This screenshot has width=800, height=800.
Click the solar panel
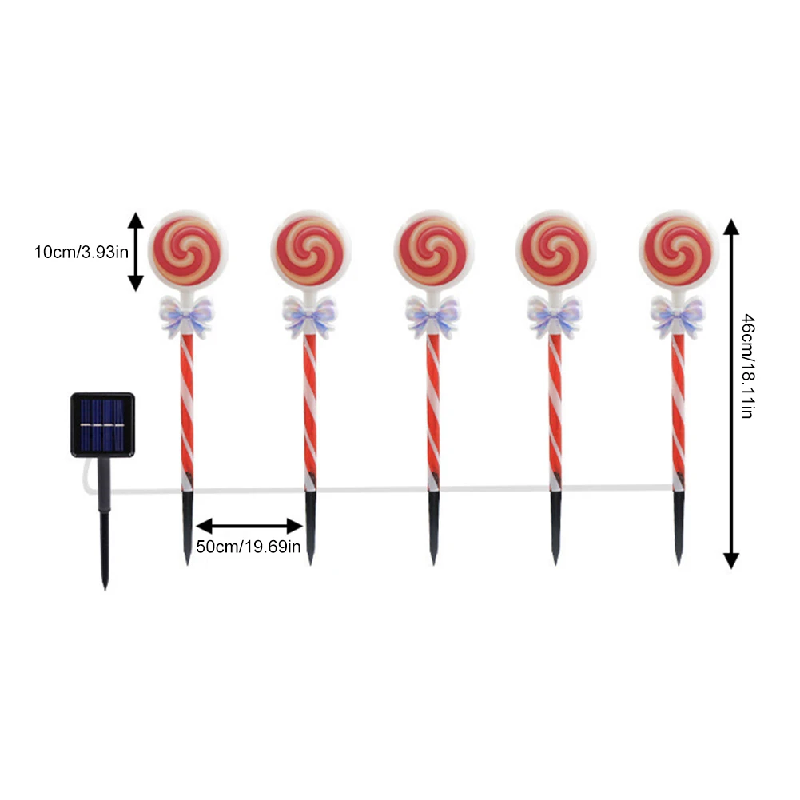(x=102, y=424)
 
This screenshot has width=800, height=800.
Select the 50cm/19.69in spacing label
(x=249, y=547)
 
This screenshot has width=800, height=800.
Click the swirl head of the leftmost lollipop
(x=187, y=250)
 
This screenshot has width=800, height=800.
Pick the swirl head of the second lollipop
(x=310, y=250)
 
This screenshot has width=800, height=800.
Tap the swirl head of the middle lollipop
(x=433, y=250)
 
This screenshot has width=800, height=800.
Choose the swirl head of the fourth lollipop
(x=555, y=250)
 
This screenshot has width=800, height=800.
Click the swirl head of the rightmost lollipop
(x=679, y=250)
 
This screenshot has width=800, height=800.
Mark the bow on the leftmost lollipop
(x=187, y=316)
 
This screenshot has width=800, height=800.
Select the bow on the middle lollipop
(x=432, y=316)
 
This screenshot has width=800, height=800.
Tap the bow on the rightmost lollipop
(x=678, y=316)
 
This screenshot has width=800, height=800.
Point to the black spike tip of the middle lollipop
(x=433, y=527)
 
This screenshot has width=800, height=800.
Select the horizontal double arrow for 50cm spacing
(x=249, y=526)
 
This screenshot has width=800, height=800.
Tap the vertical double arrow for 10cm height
(x=136, y=251)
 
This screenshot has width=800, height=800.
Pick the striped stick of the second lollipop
(x=310, y=408)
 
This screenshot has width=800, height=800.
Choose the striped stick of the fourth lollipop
(x=555, y=408)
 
